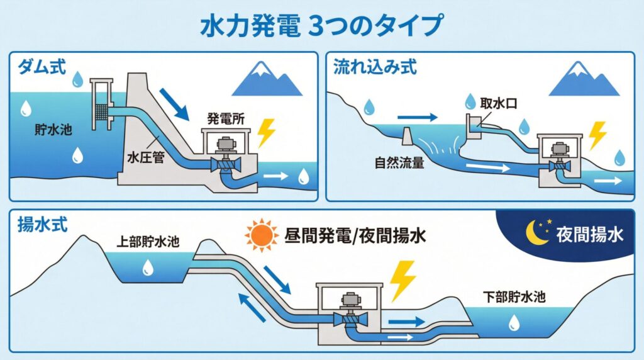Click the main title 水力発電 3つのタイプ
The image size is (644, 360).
(321, 26)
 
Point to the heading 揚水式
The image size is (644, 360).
(39, 223)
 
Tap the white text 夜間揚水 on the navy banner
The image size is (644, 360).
(589, 235)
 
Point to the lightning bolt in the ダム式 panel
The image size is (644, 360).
(267, 133)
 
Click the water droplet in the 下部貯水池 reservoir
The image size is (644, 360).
(514, 323)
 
